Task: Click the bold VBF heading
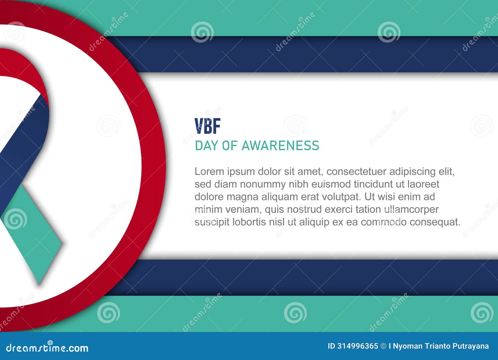(207, 126)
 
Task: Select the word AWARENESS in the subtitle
(280, 146)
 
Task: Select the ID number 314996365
(358, 346)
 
